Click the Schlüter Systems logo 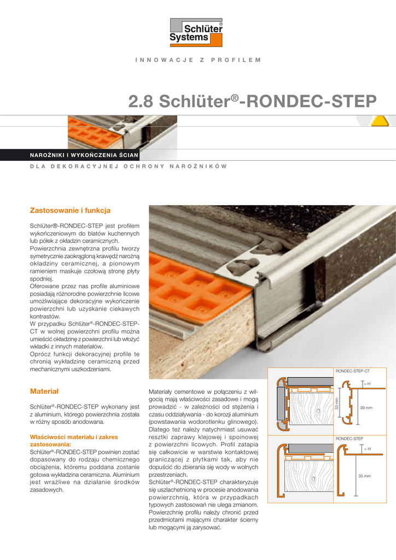point(197,32)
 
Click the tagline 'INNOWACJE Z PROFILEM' point(197,59)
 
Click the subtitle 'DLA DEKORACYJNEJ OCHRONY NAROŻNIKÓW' point(128,166)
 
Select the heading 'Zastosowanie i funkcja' point(70,210)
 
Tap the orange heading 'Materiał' point(44,391)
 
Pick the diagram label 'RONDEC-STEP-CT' point(352,371)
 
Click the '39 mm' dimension point(366,408)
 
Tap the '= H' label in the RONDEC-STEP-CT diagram point(368,384)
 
